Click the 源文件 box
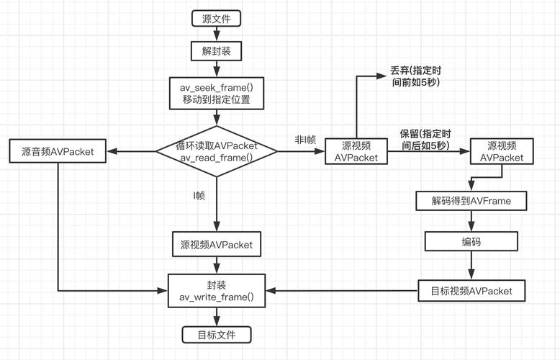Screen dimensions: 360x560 217,17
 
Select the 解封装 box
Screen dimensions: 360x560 217,51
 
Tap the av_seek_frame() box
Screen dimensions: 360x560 217,94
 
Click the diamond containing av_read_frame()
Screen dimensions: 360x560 217,151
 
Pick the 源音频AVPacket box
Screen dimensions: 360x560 58,151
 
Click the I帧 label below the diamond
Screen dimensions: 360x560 199,194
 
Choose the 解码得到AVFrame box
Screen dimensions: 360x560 471,201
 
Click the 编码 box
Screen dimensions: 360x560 471,242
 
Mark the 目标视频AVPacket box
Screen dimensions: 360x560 471,291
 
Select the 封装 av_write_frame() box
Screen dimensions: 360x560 217,291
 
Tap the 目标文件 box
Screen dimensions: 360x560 217,334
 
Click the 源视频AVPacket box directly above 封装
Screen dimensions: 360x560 217,245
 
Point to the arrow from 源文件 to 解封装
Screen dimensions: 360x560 217,34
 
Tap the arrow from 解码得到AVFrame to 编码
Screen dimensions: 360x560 471,221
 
